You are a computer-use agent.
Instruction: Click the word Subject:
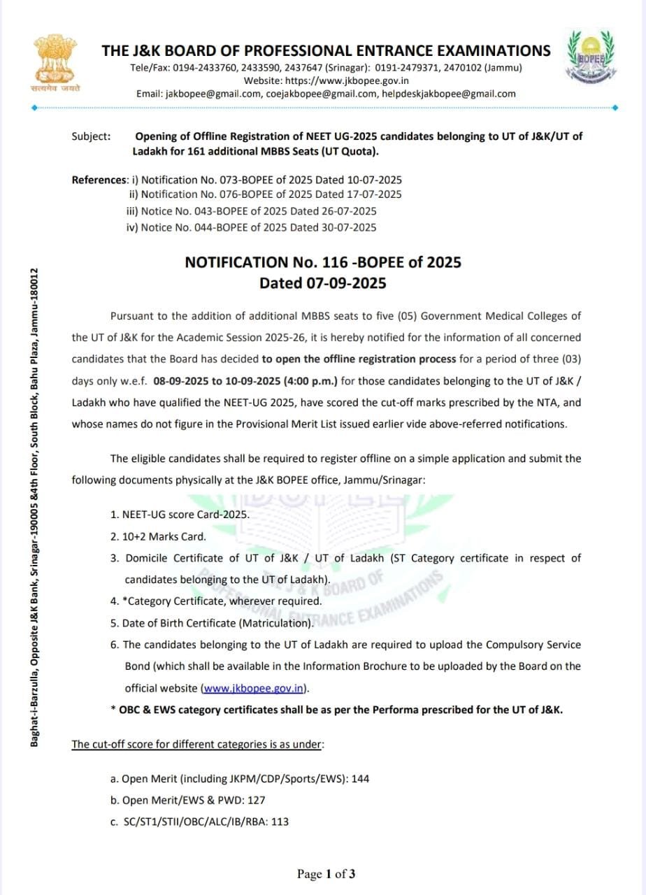coord(91,136)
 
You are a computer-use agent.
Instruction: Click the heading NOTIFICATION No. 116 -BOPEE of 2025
coord(323,262)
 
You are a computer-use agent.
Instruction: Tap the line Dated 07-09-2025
coord(323,283)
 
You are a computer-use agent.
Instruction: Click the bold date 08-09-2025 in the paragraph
coord(179,381)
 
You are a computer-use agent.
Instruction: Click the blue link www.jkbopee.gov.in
coord(253,688)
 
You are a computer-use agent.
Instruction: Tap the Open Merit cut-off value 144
coord(360,778)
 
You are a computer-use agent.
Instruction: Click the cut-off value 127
coord(257,800)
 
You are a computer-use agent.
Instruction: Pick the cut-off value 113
coord(280,822)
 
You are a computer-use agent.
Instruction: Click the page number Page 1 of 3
coord(326,873)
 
